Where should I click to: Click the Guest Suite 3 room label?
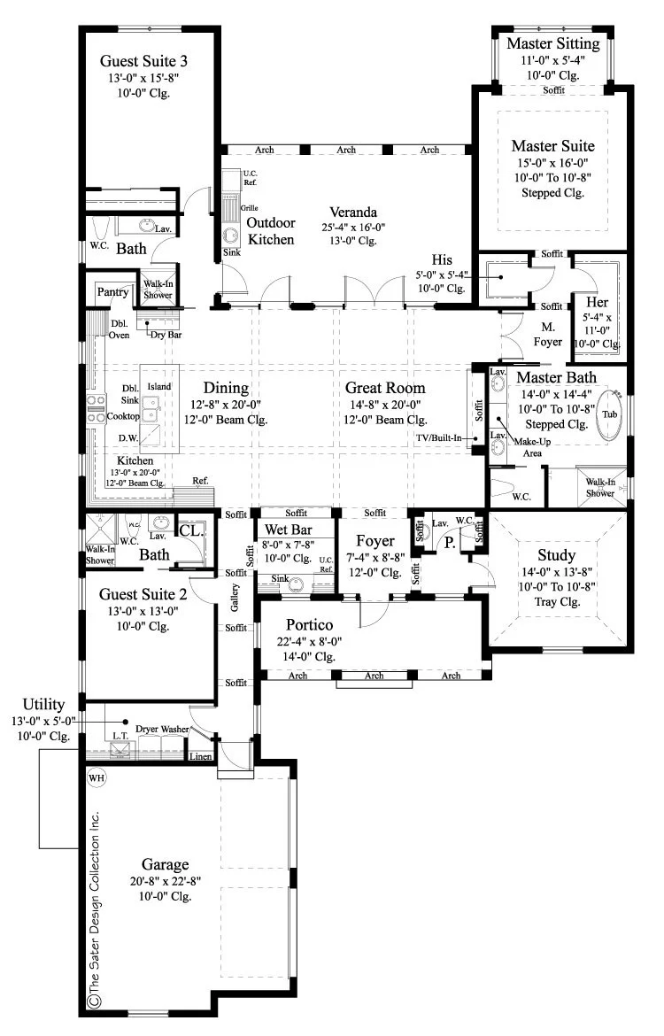[x=143, y=61]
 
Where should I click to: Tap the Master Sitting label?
[x=553, y=43]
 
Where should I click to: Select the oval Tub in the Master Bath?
[x=609, y=415]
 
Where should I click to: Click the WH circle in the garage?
[x=97, y=777]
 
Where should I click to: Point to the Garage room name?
[x=166, y=864]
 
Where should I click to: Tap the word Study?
[x=556, y=555]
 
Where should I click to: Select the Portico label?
[x=309, y=624]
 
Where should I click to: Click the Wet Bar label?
[x=288, y=530]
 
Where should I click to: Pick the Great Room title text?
[x=385, y=388]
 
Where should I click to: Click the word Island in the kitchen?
[x=159, y=387]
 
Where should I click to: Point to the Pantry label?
[x=112, y=292]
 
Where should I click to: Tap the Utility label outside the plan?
[x=43, y=704]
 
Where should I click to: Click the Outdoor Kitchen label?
[x=271, y=231]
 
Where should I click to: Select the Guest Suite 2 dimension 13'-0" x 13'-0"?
[x=143, y=611]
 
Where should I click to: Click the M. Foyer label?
[x=548, y=335]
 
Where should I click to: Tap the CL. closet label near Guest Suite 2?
[x=191, y=530]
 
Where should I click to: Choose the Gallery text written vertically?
[x=235, y=598]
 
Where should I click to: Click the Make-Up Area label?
[x=532, y=447]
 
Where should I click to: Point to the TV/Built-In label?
[x=439, y=437]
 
